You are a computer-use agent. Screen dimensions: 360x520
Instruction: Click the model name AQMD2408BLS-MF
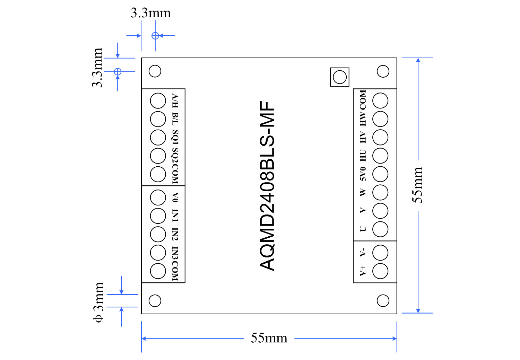(x=268, y=186)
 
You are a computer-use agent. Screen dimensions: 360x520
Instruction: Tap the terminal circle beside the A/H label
(x=158, y=101)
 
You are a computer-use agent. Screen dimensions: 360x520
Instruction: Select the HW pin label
(x=363, y=118)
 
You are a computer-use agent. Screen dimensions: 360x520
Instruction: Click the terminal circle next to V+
(x=380, y=271)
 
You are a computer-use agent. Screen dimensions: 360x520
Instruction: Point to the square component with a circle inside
(x=339, y=77)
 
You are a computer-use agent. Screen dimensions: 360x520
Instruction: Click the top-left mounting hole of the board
(x=155, y=71)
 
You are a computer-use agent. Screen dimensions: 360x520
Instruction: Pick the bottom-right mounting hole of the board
(x=383, y=300)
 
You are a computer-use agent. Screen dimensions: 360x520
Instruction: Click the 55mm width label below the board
(x=269, y=338)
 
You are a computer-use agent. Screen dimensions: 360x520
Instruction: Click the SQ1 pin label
(x=175, y=137)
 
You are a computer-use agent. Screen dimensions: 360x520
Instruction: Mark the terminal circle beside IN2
(x=158, y=234)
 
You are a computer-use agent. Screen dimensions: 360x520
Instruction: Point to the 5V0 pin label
(x=363, y=174)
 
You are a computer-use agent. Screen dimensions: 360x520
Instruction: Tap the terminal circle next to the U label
(x=380, y=229)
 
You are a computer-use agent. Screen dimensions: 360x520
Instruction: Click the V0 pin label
(x=175, y=197)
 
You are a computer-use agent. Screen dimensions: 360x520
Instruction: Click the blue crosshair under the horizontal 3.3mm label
(x=155, y=35)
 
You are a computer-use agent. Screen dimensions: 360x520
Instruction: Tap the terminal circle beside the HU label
(x=380, y=156)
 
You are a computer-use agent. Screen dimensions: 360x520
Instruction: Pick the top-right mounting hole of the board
(x=383, y=71)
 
